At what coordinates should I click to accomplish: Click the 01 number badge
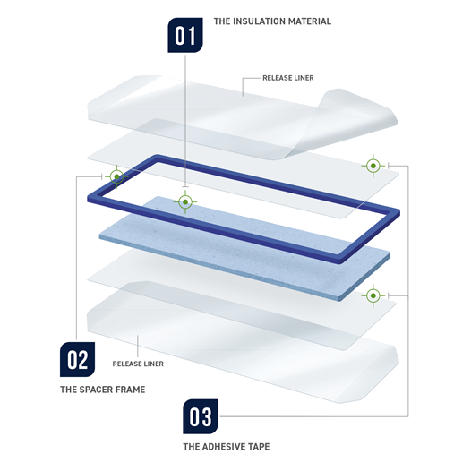pos(185,35)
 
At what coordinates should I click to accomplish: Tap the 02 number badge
pos(78,359)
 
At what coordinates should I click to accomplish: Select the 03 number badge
pos(201,416)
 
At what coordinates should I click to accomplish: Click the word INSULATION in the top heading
pos(259,21)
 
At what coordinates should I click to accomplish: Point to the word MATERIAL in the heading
pos(310,21)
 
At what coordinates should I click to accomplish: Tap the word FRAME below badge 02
pos(131,390)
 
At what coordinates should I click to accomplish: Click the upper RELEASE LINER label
pos(288,78)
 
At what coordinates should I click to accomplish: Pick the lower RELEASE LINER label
pos(138,364)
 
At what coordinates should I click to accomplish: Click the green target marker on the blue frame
pos(116,176)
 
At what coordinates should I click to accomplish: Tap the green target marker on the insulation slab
pos(185,201)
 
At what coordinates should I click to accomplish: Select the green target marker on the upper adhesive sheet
pos(373,166)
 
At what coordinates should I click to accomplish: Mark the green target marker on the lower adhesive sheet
pos(373,295)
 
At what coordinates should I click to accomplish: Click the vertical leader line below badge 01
pos(185,121)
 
